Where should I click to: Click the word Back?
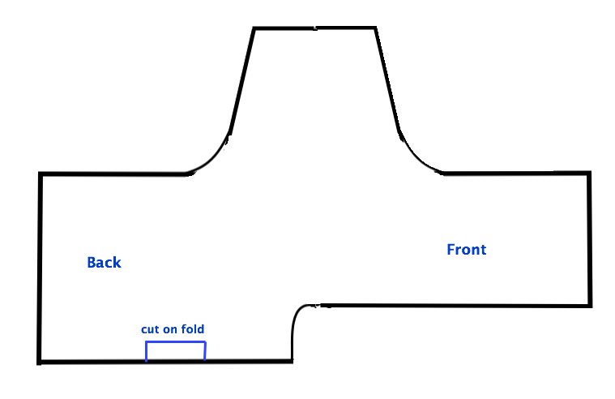pos(104,262)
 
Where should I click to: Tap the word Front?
pos(467,250)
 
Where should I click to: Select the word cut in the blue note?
pos(150,329)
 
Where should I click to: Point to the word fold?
pos(193,328)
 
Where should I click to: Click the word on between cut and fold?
pos(170,329)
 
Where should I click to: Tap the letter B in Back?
pos(92,262)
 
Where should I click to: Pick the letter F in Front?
pos(451,250)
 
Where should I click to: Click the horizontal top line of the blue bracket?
pos(176,342)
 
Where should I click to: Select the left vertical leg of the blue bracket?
pos(147,351)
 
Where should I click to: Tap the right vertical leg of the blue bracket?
pos(205,351)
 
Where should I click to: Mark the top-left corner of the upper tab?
pos(254,28)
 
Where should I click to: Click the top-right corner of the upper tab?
pos(376,28)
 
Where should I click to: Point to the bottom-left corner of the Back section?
pos(39,362)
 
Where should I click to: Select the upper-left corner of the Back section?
pos(40,174)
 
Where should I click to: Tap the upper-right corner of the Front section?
pos(590,173)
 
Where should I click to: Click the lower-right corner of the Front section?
pos(591,305)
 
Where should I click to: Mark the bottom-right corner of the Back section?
pos(292,361)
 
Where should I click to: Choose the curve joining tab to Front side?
pos(416,157)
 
